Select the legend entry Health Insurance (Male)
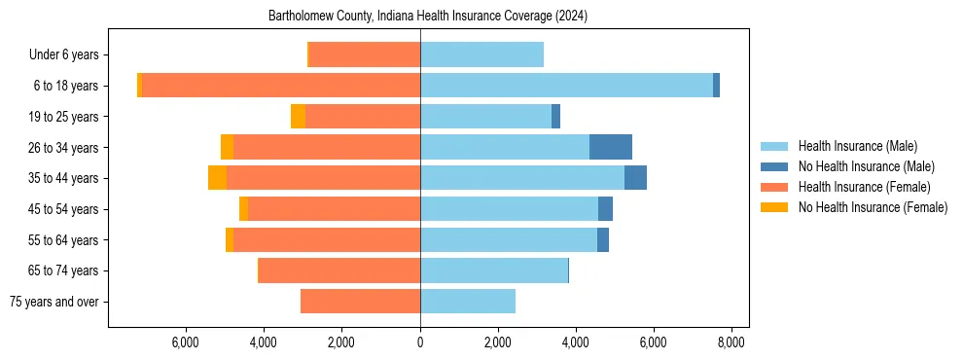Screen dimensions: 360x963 pos(857,146)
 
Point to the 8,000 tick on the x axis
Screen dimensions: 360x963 pos(731,342)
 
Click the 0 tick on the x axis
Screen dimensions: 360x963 pos(420,342)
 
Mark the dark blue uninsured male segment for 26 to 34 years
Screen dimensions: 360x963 pos(611,147)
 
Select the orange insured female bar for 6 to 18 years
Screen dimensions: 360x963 pos(281,86)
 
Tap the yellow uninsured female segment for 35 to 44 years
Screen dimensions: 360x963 pos(217,178)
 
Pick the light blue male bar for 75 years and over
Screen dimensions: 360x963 pos(468,302)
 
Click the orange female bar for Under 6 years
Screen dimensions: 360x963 pos(364,55)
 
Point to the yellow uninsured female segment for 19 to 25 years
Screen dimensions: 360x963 pos(298,117)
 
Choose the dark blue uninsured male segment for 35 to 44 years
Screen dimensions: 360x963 pos(635,178)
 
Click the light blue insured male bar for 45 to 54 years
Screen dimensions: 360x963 pos(509,209)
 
